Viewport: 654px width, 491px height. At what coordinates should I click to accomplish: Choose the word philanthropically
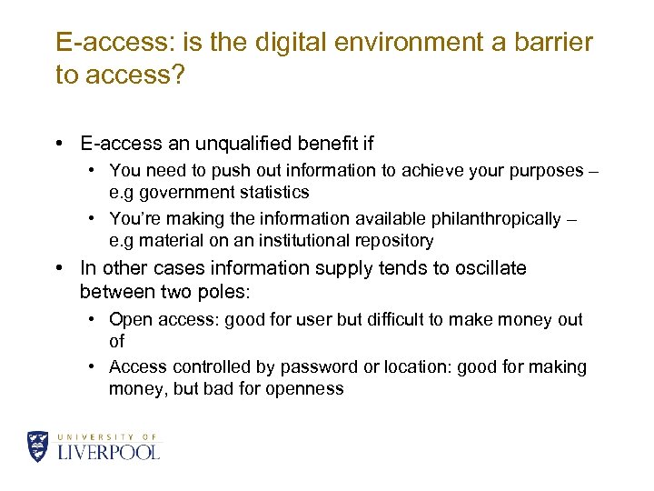[485, 219]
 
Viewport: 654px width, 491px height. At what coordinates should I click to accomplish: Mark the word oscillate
[490, 268]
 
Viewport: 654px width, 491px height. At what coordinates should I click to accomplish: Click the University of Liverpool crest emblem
[38, 446]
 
